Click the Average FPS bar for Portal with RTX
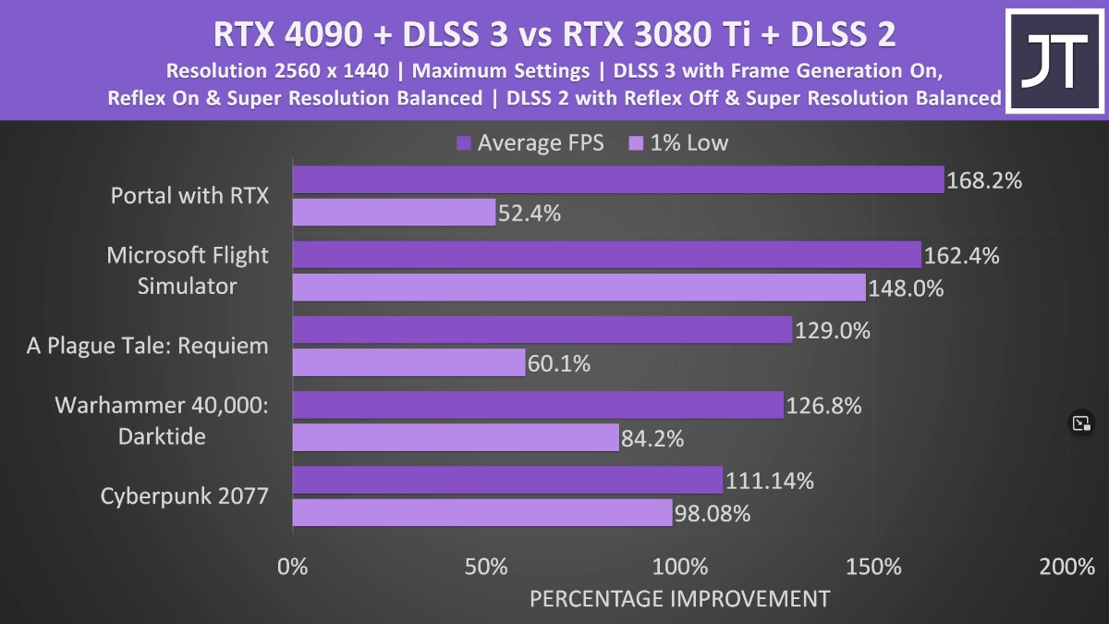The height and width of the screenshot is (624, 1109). click(617, 180)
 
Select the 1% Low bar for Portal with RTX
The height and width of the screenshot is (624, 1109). click(394, 213)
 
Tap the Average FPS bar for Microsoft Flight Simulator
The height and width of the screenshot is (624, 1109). click(606, 255)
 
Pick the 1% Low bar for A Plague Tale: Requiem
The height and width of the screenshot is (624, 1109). click(408, 362)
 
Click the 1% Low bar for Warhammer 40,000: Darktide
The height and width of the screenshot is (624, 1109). click(456, 437)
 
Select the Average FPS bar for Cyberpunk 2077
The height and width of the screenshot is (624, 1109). click(507, 480)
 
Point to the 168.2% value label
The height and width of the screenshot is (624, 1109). click(985, 180)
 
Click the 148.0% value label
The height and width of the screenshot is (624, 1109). click(907, 288)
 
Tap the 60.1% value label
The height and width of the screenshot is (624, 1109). click(559, 363)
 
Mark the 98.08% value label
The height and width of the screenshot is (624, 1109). click(713, 512)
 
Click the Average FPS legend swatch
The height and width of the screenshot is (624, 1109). click(464, 143)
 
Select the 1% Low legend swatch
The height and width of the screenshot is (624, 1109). click(636, 143)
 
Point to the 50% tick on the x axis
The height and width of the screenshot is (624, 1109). click(486, 567)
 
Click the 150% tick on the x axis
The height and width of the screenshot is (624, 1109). click(873, 567)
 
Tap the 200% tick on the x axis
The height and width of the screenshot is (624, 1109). click(1066, 567)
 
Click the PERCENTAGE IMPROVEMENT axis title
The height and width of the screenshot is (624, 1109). click(679, 598)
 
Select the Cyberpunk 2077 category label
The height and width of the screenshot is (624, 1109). click(185, 496)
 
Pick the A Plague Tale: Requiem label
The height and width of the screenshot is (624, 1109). click(147, 346)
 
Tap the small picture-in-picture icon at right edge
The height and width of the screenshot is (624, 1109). click(1081, 423)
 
